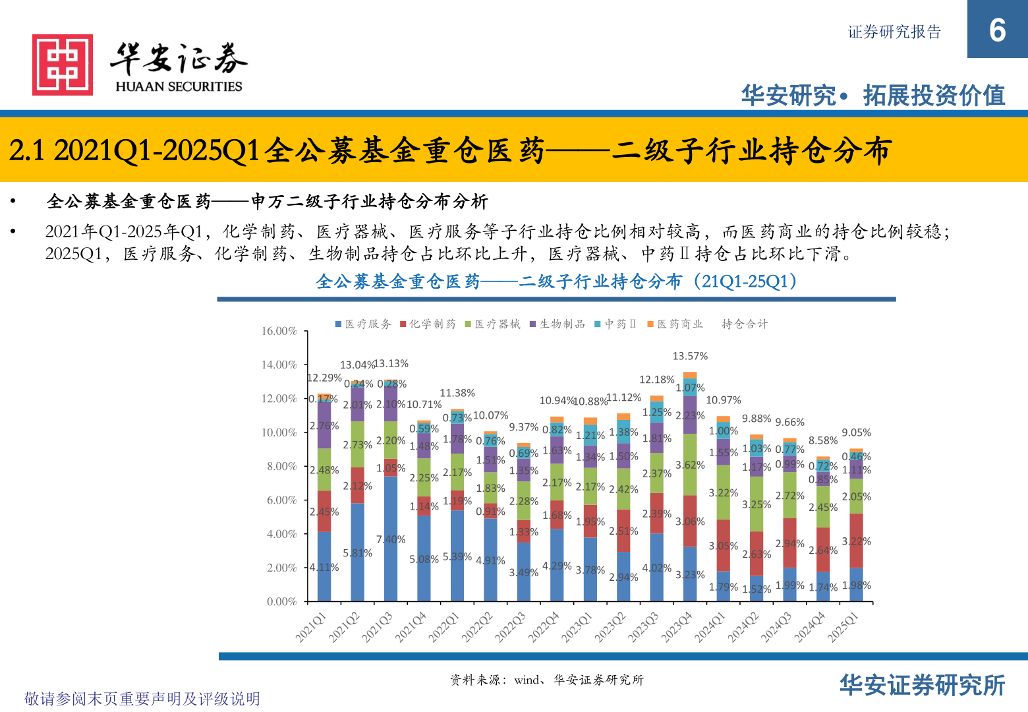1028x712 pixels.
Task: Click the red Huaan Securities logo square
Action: (x=63, y=65)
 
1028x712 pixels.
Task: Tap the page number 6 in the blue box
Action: (x=997, y=30)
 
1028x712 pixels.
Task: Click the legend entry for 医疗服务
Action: (x=363, y=324)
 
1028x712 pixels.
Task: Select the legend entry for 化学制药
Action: (x=428, y=324)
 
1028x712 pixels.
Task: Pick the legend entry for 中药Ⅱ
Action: (x=615, y=324)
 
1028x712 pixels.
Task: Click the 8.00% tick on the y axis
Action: (x=282, y=466)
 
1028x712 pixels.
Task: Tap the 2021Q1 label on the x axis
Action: (x=310, y=627)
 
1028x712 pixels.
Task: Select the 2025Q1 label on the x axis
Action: (x=843, y=627)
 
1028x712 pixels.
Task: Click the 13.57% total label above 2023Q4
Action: (x=690, y=356)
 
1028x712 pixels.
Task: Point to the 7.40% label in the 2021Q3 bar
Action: (x=391, y=539)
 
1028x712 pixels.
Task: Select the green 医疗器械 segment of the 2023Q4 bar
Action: (x=690, y=464)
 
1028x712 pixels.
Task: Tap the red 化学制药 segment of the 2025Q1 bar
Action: (x=856, y=541)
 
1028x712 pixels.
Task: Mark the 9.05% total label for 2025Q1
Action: (x=856, y=432)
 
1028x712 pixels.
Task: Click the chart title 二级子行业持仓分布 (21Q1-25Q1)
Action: (x=557, y=282)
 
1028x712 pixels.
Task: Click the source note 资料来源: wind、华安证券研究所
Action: (x=546, y=680)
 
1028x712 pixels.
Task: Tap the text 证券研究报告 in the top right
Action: (x=894, y=32)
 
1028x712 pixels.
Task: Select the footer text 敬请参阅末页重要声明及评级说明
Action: (x=142, y=698)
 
